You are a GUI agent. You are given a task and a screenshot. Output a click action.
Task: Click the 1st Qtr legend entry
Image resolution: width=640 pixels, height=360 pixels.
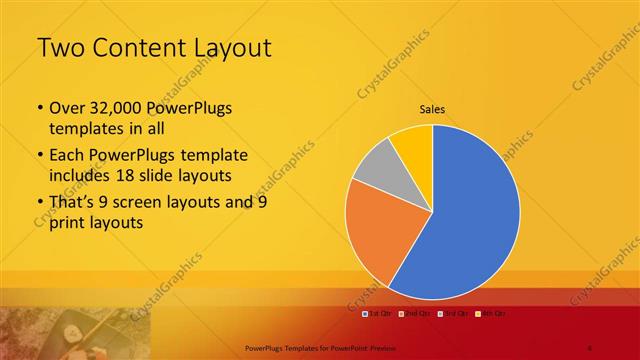pos(376,314)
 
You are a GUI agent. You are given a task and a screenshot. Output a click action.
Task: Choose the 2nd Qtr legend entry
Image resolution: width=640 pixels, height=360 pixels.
pos(411,314)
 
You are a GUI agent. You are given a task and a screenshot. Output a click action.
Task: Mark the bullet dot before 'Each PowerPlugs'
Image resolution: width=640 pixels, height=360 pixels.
pos(39,156)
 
